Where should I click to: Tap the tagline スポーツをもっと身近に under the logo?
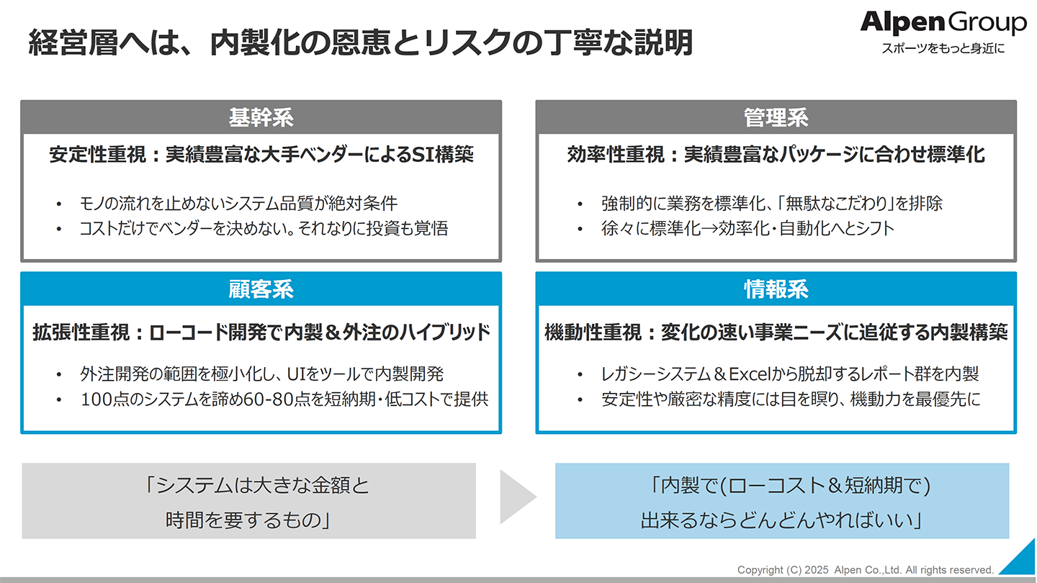(943, 48)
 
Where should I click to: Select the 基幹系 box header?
(261, 117)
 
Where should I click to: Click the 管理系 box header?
(776, 117)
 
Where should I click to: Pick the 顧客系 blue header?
(261, 289)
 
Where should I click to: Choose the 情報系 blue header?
(776, 289)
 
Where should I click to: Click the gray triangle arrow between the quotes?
(517, 497)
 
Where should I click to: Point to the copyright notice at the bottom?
(866, 570)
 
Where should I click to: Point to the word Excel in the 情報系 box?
(750, 374)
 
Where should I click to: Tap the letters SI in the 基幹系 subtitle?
(421, 155)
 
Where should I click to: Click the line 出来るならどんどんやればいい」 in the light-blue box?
(782, 520)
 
